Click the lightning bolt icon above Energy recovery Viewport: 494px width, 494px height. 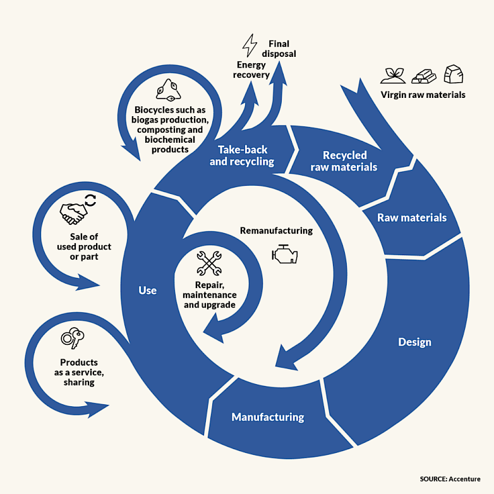tap(250, 47)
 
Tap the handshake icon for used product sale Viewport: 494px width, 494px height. tap(74, 213)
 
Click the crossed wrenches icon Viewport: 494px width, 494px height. tap(209, 263)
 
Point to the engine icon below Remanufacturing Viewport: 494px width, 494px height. tap(284, 254)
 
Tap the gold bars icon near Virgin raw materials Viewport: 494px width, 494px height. tap(423, 76)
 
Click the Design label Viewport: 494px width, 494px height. tap(414, 342)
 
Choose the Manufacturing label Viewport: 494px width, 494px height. tap(268, 417)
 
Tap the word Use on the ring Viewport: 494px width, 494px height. tap(147, 291)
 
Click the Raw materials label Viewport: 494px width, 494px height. tap(412, 218)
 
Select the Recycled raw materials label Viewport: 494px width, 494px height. tap(344, 161)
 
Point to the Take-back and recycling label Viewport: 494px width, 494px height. tap(242, 155)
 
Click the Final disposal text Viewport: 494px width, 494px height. tap(279, 49)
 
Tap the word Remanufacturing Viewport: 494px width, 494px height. tap(276, 231)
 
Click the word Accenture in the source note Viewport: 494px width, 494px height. tap(464, 479)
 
